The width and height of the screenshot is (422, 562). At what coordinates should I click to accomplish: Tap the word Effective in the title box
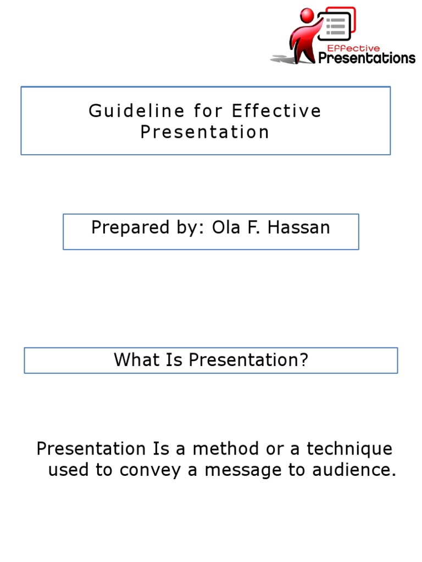(x=276, y=111)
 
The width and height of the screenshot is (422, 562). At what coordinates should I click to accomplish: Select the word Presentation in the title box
(x=205, y=132)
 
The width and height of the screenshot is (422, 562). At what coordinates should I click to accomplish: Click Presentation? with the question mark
(x=248, y=360)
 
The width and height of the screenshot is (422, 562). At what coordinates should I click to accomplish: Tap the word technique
(x=349, y=449)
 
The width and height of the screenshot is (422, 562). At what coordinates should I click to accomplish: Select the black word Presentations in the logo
(x=367, y=58)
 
